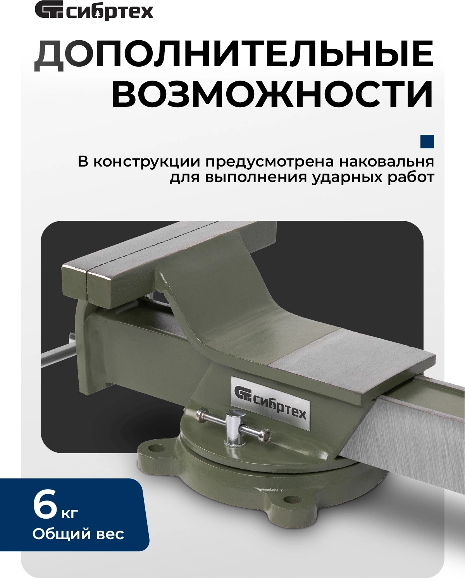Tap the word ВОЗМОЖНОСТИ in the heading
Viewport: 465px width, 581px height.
(273, 94)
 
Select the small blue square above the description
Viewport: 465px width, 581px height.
(427, 141)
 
